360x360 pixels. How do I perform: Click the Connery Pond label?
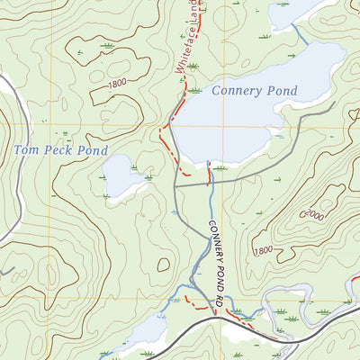[x=255, y=91]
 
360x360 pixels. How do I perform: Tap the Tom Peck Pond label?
[x=60, y=149]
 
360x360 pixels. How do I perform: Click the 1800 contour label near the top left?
[x=116, y=84]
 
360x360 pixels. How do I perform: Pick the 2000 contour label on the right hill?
[x=313, y=215]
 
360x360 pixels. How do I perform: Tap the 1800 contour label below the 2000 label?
[x=264, y=250]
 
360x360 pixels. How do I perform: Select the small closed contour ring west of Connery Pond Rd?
[x=163, y=265]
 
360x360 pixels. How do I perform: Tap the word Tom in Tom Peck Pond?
[x=25, y=149]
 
